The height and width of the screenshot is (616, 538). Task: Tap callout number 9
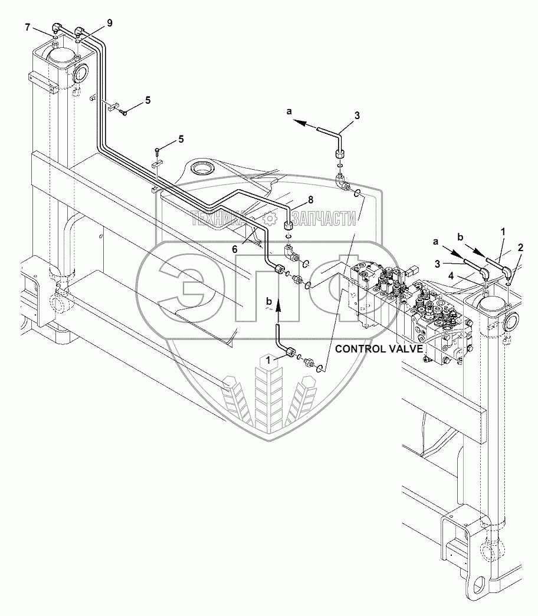point(109,23)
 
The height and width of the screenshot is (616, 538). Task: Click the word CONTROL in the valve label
point(361,348)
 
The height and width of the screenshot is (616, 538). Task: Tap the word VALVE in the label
point(407,348)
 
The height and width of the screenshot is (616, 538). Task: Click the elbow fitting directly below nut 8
point(290,253)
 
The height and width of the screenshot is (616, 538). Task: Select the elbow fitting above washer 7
point(56,27)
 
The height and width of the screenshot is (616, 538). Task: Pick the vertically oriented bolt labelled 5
point(158,153)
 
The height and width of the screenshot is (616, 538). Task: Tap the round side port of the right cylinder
point(510,322)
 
